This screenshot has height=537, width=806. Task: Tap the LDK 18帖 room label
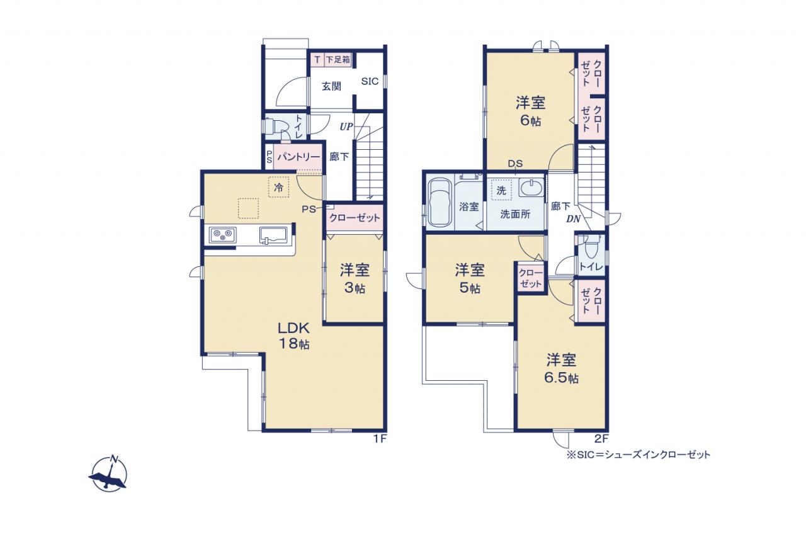pyautogui.click(x=293, y=336)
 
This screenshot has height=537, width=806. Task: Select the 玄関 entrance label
pyautogui.click(x=331, y=86)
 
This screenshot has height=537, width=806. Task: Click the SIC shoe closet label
pyautogui.click(x=370, y=81)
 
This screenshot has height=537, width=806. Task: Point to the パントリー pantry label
pyautogui.click(x=298, y=157)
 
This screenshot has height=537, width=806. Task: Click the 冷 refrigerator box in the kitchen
pyautogui.click(x=278, y=187)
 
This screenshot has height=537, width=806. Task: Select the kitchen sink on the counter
pyautogui.click(x=273, y=235)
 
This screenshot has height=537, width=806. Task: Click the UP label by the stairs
pyautogui.click(x=346, y=127)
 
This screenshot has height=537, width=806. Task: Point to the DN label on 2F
pyautogui.click(x=573, y=218)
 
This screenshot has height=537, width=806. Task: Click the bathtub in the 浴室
pyautogui.click(x=440, y=203)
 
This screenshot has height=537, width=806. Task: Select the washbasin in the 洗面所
pyautogui.click(x=531, y=188)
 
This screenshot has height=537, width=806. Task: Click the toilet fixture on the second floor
pyautogui.click(x=591, y=246)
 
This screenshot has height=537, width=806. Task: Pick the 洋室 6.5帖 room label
pyautogui.click(x=561, y=369)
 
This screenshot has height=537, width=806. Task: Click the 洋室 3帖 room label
pyautogui.click(x=355, y=279)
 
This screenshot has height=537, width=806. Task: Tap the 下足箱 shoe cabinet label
pyautogui.click(x=338, y=59)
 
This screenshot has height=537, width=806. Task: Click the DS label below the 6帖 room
pyautogui.click(x=515, y=164)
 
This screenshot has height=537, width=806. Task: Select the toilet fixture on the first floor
pyautogui.click(x=276, y=126)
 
